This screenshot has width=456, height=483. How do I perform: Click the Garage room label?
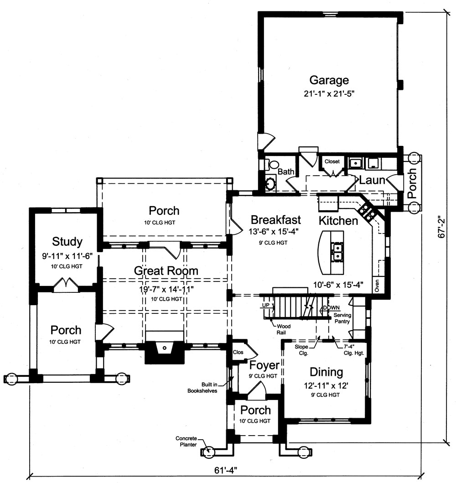coord(329,80)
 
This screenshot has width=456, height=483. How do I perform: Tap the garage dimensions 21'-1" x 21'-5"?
coord(329,94)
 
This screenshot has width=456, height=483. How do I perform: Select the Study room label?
coord(67,241)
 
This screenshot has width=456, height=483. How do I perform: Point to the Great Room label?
coord(166,270)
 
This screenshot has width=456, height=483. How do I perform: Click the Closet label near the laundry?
coord(332,161)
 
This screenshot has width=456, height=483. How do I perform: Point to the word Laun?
coord(372,180)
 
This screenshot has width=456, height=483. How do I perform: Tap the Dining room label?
coord(326,372)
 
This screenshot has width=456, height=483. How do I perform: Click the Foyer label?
coord(264,365)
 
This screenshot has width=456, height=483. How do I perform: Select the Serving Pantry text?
coord(342,318)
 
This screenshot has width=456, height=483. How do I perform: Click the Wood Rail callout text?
coord(283,330)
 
